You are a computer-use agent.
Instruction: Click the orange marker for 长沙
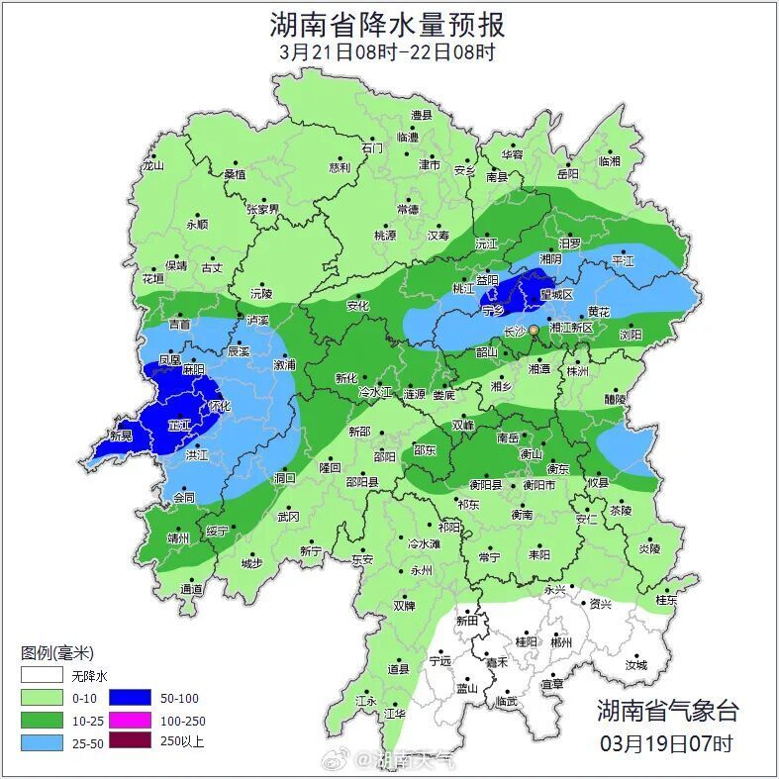[x=534, y=329]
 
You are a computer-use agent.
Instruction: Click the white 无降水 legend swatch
[x=42, y=676]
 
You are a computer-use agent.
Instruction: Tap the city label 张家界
[x=263, y=210]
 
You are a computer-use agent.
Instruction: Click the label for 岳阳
[x=567, y=173]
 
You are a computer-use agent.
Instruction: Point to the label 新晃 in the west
[x=121, y=437]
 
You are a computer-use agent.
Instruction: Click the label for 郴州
[x=561, y=642]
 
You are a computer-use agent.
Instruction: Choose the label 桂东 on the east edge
[x=667, y=600]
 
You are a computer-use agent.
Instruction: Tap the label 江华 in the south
[x=395, y=713]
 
